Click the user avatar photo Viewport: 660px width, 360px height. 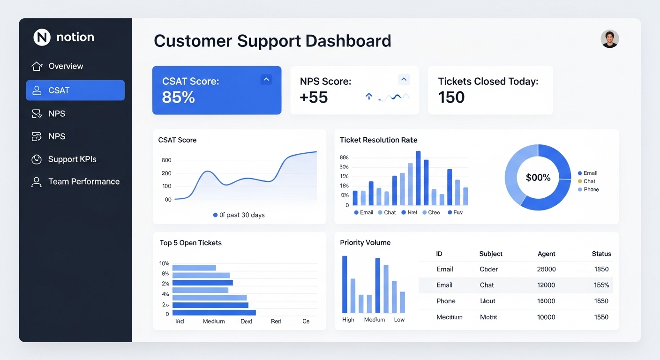pyautogui.click(x=609, y=39)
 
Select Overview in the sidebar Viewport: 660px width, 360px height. pyautogui.click(x=66, y=66)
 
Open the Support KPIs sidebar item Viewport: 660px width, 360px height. pyautogui.click(x=72, y=159)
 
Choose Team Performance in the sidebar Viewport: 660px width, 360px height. pyautogui.click(x=84, y=181)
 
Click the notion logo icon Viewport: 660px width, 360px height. pyautogui.click(x=42, y=37)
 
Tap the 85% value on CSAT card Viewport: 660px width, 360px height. pyautogui.click(x=178, y=97)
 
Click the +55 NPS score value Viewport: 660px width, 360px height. pyautogui.click(x=314, y=97)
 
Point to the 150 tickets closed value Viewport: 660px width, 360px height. pyautogui.click(x=451, y=97)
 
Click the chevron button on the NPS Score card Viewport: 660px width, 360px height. pyautogui.click(x=404, y=79)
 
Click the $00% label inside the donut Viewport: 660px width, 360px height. pyautogui.click(x=538, y=178)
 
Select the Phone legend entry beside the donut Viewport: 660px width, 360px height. pyautogui.click(x=591, y=189)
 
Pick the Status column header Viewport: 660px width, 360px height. pyautogui.click(x=601, y=254)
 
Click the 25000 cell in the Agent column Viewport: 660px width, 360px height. pyautogui.click(x=546, y=269)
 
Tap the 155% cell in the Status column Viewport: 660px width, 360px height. pyautogui.click(x=601, y=285)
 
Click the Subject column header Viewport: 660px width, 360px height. pyautogui.click(x=491, y=254)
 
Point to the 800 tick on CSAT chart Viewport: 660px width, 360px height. pyautogui.click(x=166, y=160)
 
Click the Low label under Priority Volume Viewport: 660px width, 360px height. pyautogui.click(x=399, y=320)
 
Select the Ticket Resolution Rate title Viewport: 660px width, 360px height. pyautogui.click(x=378, y=140)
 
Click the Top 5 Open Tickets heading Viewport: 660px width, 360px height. pyautogui.click(x=190, y=243)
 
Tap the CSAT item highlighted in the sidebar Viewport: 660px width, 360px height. pyautogui.click(x=75, y=90)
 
